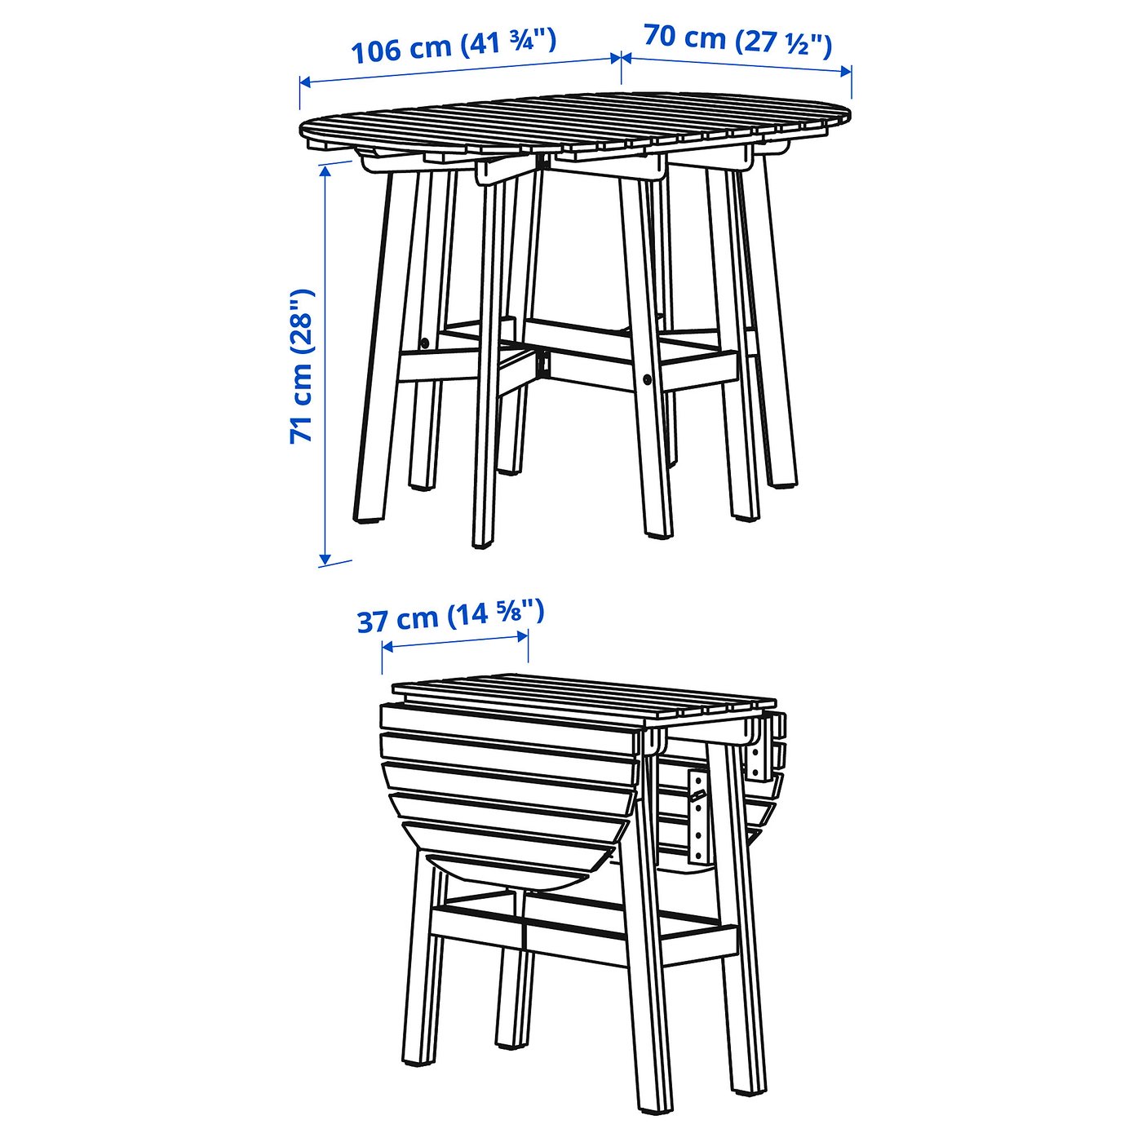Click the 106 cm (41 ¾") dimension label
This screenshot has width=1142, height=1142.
click(454, 46)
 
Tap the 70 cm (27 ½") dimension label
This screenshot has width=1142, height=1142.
click(737, 40)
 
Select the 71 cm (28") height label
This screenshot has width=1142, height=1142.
click(302, 366)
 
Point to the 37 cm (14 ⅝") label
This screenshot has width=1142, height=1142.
click(450, 617)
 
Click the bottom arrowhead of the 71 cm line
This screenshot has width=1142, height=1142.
click(325, 560)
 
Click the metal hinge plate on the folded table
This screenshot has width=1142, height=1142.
click(697, 816)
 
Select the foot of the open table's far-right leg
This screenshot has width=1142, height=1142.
click(781, 480)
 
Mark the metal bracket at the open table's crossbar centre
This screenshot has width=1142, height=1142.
click(542, 362)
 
